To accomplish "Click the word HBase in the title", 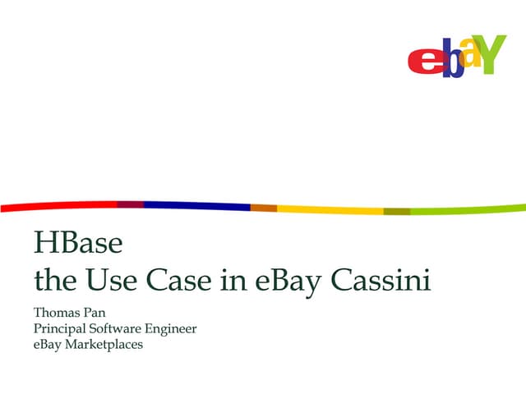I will coord(78,244).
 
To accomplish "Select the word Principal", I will coord(59,329).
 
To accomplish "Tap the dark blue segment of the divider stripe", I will coord(197,205).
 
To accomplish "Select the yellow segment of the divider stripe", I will coord(329,210).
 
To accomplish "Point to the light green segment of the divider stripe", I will coord(468,210).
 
